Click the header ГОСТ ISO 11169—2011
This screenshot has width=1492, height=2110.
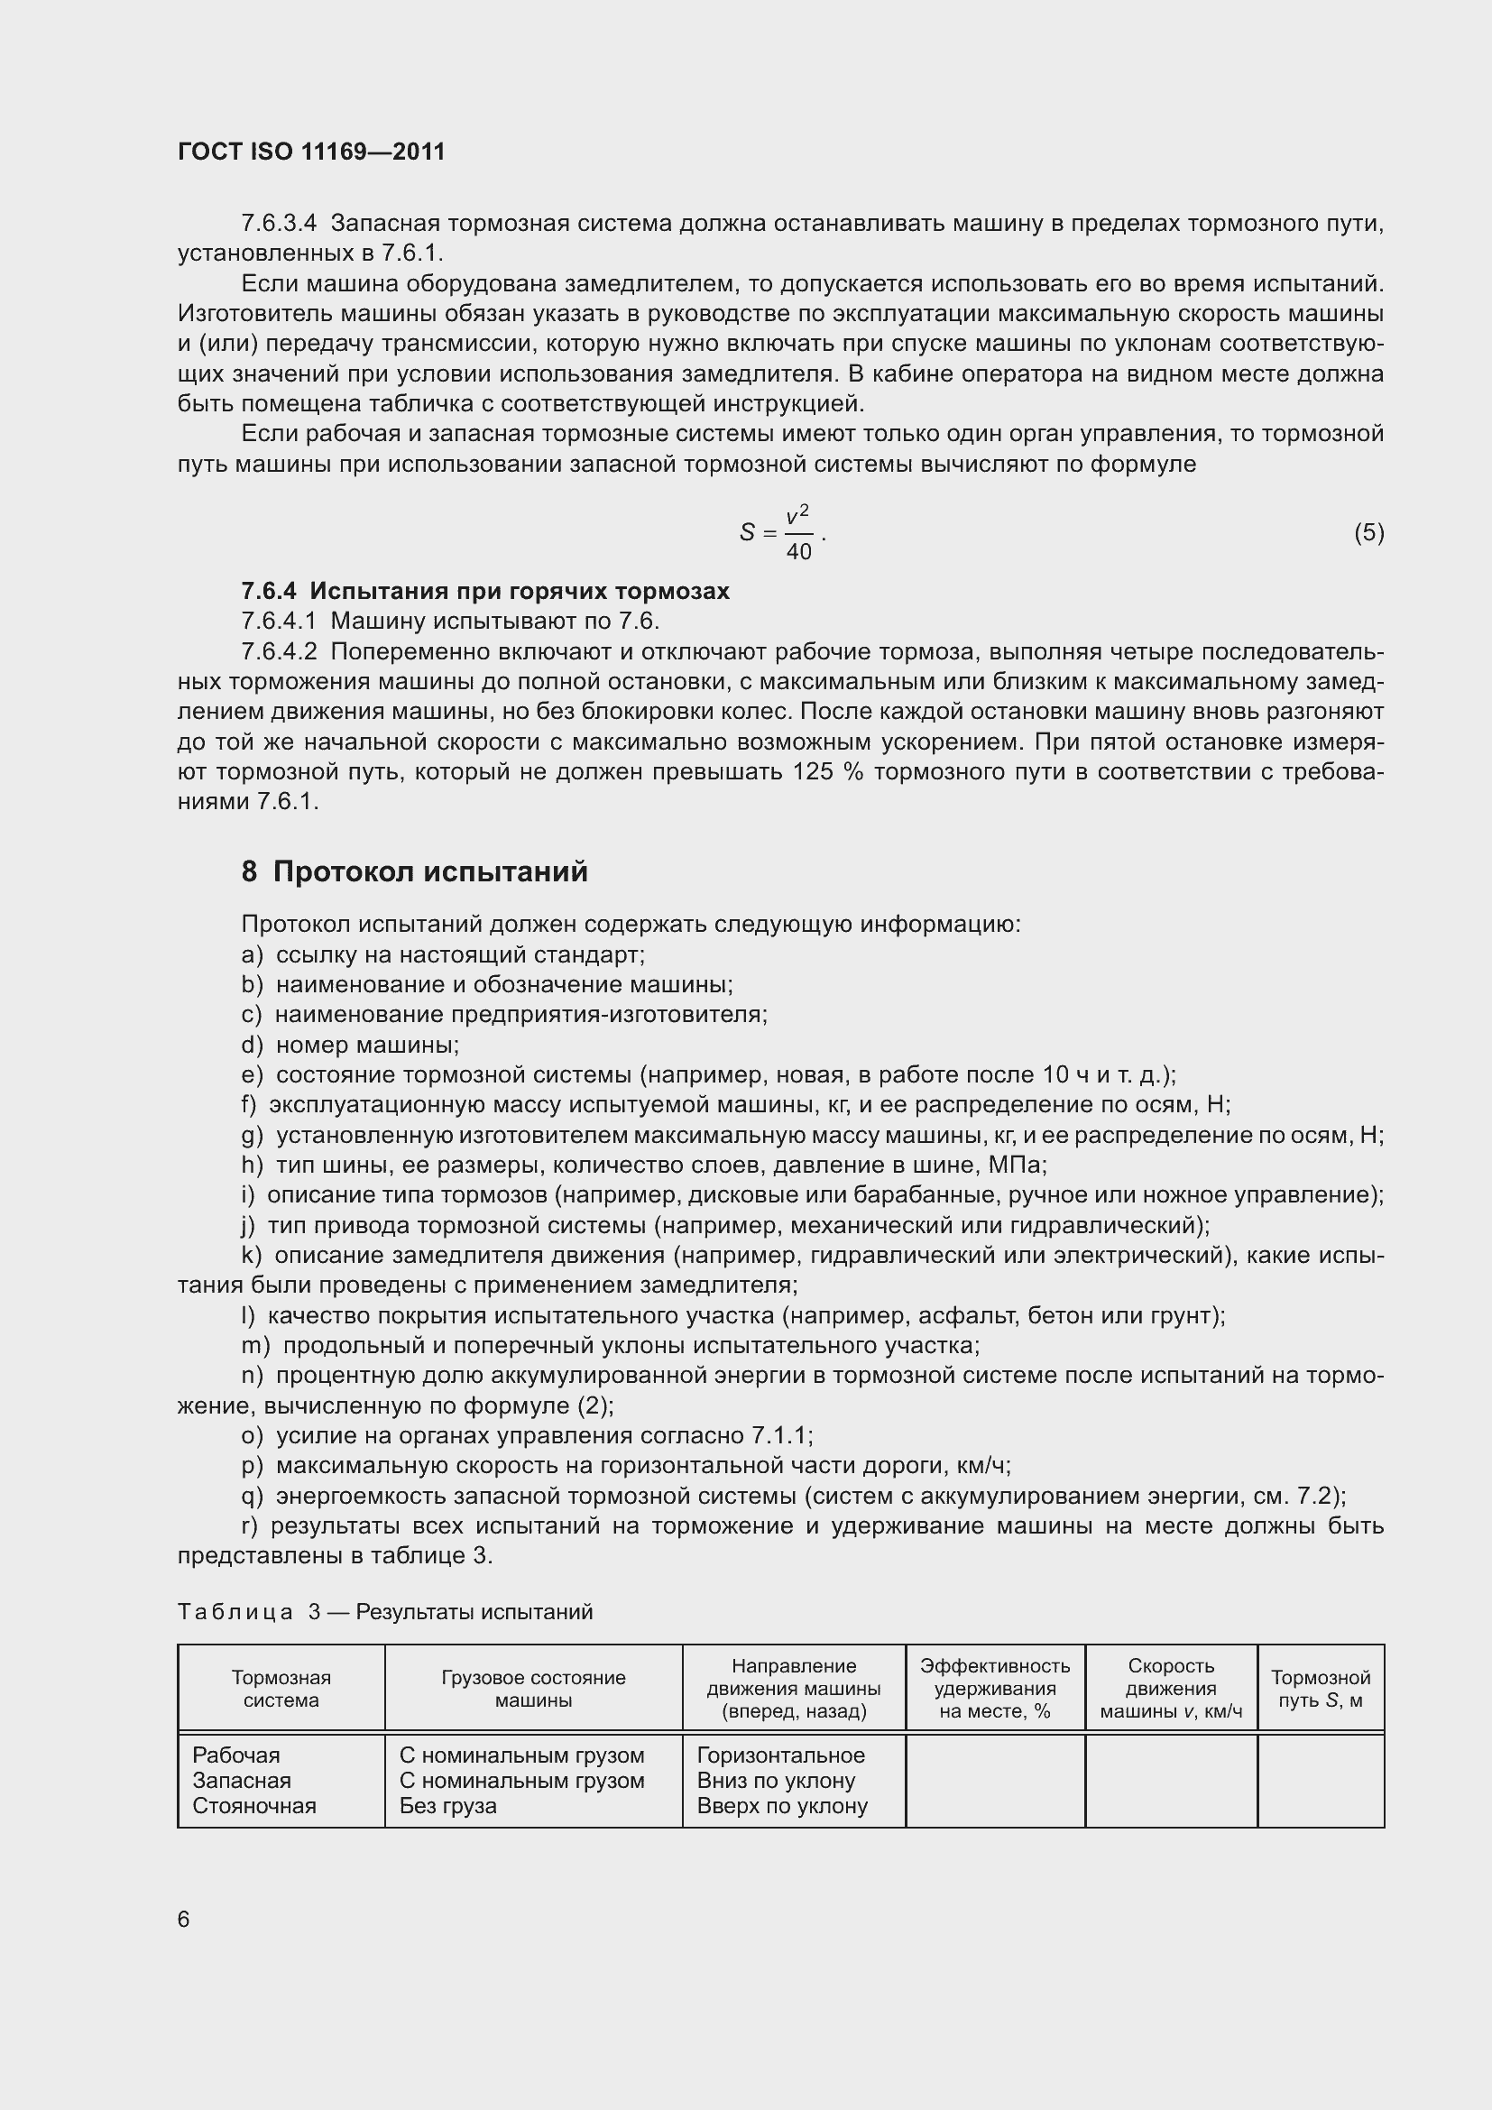310,152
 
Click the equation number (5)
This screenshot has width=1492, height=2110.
1368,532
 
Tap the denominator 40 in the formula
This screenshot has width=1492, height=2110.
798,552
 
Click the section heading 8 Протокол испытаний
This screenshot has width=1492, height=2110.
414,871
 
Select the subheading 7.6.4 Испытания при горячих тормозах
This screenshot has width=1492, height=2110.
485,591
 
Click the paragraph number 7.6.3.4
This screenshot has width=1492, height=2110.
279,224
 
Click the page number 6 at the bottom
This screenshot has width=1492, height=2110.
184,1919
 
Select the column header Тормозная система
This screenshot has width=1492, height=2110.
281,1688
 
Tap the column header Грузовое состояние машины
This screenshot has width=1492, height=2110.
533,1688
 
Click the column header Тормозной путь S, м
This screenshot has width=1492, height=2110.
1321,1688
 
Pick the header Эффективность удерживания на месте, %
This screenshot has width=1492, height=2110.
995,1688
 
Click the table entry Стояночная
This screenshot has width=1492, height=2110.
254,1806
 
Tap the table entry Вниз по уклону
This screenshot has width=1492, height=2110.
777,1780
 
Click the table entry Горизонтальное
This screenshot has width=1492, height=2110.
781,1755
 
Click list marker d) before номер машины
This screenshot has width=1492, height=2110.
252,1045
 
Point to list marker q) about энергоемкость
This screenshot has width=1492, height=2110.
252,1496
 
